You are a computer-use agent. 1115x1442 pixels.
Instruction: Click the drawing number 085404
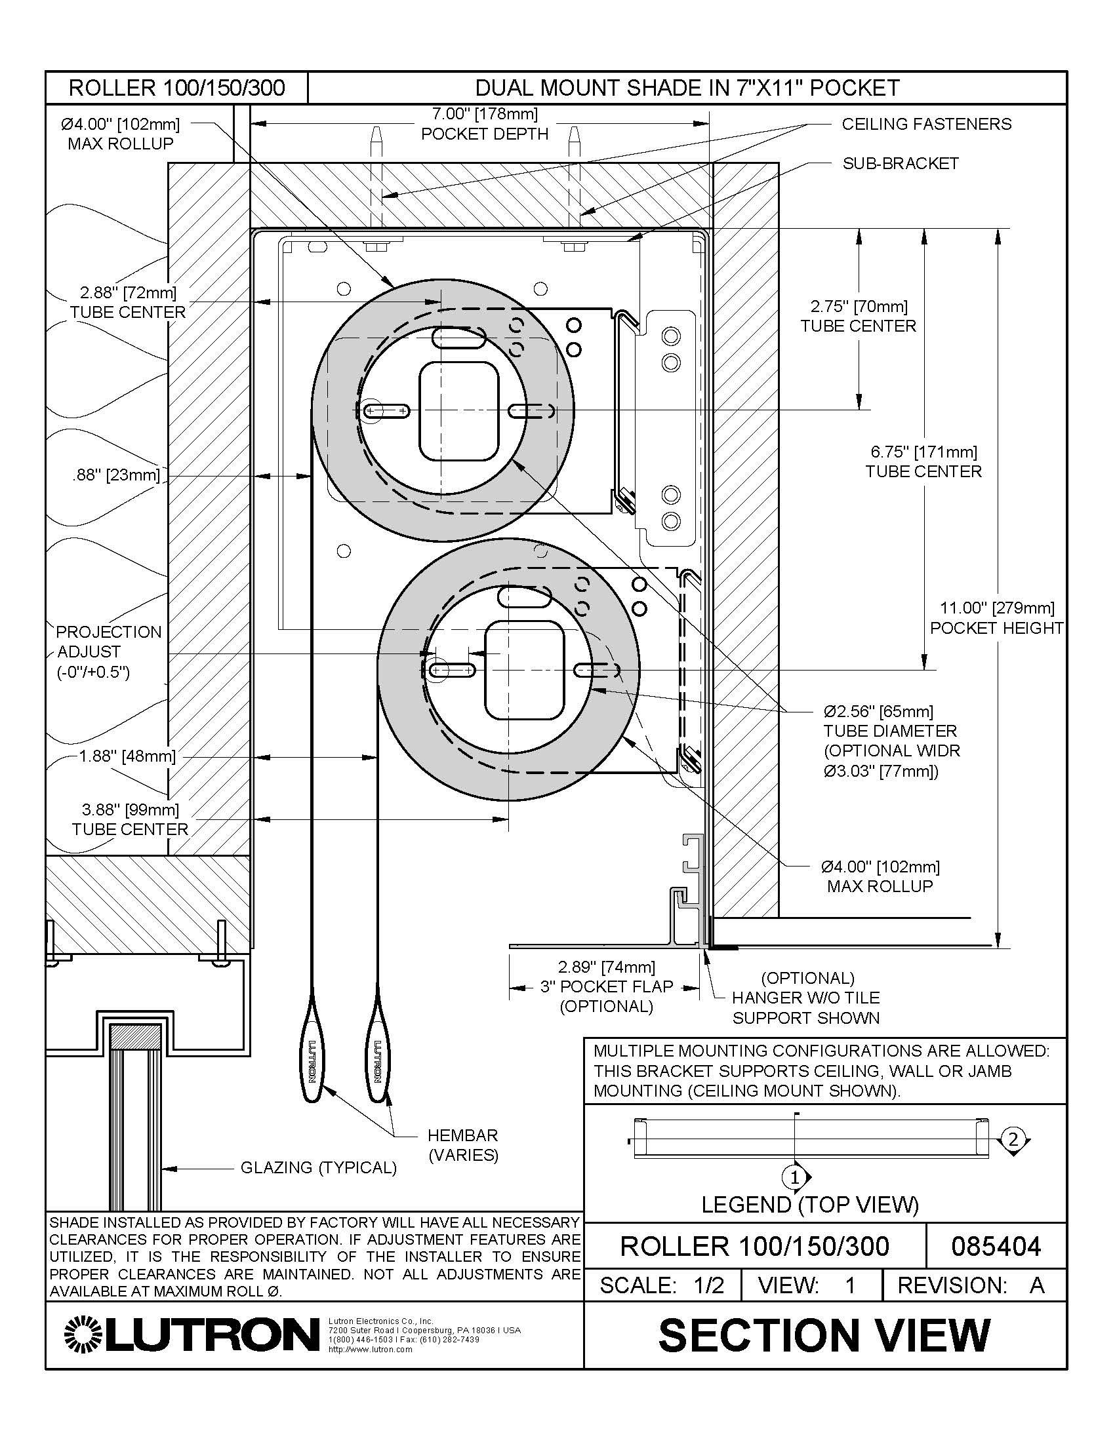(996, 1247)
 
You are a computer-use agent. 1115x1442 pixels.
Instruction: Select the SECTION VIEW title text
(824, 1335)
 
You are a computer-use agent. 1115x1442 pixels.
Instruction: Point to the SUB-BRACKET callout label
(900, 164)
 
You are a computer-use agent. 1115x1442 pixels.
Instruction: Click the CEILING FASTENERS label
(926, 124)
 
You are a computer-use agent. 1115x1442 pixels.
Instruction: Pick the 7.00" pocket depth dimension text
(485, 123)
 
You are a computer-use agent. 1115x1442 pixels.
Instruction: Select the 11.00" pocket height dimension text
(996, 617)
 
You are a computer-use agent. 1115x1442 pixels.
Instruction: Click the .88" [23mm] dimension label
(116, 475)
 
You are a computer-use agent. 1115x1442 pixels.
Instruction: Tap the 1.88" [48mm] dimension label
(127, 756)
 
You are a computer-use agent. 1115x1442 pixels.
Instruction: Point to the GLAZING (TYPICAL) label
(318, 1168)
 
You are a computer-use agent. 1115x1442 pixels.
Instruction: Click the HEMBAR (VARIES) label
(463, 1145)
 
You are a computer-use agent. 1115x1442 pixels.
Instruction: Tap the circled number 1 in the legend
(796, 1177)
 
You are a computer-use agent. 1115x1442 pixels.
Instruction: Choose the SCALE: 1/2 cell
(662, 1285)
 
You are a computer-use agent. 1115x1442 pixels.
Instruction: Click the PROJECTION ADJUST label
(108, 652)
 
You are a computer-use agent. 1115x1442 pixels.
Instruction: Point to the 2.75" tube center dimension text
(858, 317)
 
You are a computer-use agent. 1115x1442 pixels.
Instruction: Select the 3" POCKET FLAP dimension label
(607, 986)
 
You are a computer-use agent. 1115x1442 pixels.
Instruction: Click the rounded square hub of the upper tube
(458, 411)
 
